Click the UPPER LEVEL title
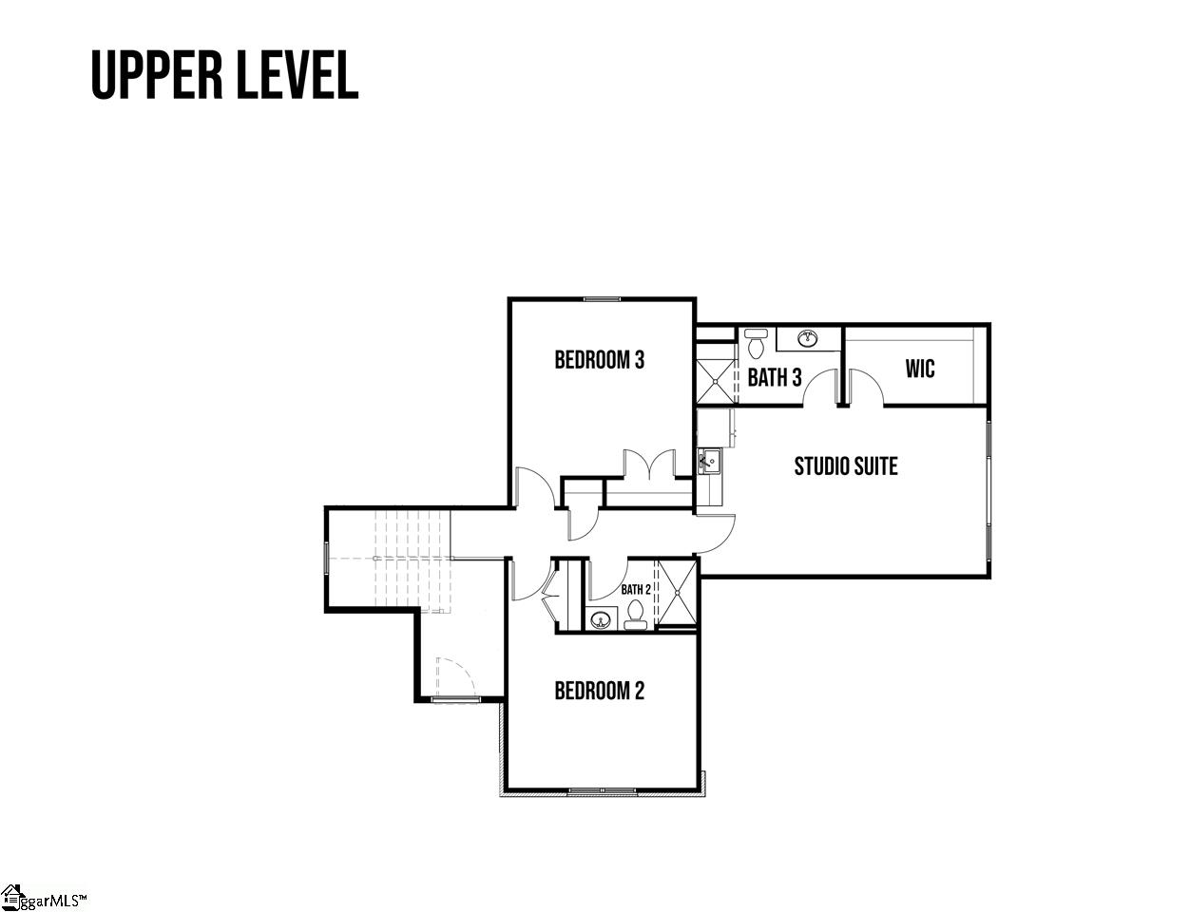(224, 75)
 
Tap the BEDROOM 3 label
(599, 360)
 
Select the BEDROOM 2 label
(599, 691)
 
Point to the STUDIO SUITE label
(845, 466)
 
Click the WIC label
(919, 369)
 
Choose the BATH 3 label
(774, 378)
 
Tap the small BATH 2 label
(636, 589)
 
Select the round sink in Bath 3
(808, 337)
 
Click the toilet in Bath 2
(636, 617)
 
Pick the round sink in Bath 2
(600, 621)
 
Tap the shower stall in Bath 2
(677, 593)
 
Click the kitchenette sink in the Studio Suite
(708, 463)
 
